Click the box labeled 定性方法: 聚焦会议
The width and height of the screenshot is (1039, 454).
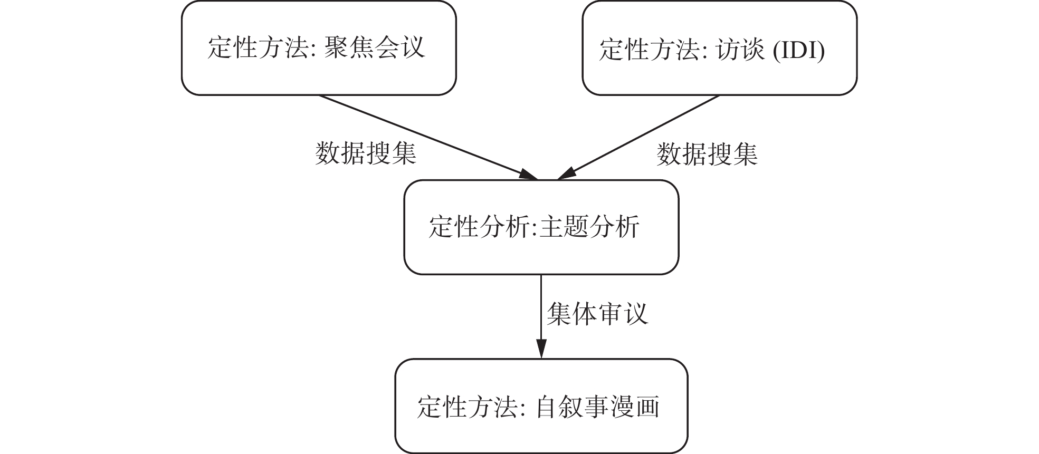click(x=318, y=47)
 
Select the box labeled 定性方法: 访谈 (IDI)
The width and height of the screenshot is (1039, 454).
click(x=719, y=47)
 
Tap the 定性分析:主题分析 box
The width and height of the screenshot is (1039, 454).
click(x=541, y=227)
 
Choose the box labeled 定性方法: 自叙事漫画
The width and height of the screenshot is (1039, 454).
click(x=541, y=406)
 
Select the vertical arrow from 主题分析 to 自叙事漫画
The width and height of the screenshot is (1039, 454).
click(x=541, y=311)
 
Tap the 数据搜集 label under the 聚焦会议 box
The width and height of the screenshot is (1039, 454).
click(x=366, y=154)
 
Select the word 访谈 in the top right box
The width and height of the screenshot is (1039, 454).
click(x=740, y=51)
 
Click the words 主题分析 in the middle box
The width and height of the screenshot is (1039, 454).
click(x=590, y=227)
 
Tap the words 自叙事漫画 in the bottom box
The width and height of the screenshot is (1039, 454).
click(x=597, y=407)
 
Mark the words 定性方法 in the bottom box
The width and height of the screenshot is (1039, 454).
click(x=466, y=407)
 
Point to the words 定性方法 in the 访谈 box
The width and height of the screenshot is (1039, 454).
click(x=649, y=51)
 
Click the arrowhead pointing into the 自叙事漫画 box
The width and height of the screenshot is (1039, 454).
click(x=541, y=350)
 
